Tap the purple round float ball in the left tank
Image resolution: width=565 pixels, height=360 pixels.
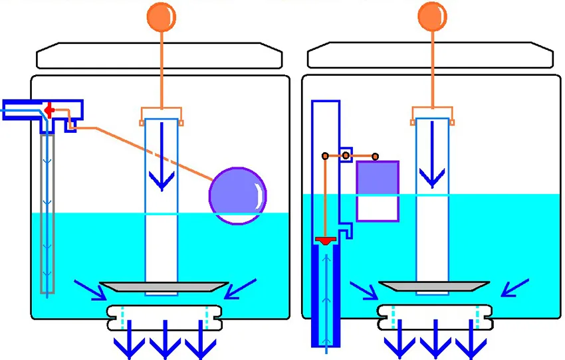point(237,195)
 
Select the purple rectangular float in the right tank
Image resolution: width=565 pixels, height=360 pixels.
point(378,191)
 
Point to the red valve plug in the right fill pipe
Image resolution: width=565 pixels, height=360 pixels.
point(326,240)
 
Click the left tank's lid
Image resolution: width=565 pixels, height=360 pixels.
point(159,56)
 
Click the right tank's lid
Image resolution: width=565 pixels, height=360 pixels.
point(431,56)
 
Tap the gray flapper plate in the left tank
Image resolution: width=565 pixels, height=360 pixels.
point(162,286)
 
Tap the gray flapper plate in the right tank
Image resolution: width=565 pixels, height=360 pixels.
point(432,286)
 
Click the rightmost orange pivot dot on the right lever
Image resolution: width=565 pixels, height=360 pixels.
point(376,156)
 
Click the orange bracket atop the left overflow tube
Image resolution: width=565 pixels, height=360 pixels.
point(162,115)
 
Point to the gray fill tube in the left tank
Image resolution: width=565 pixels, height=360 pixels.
point(47,213)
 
